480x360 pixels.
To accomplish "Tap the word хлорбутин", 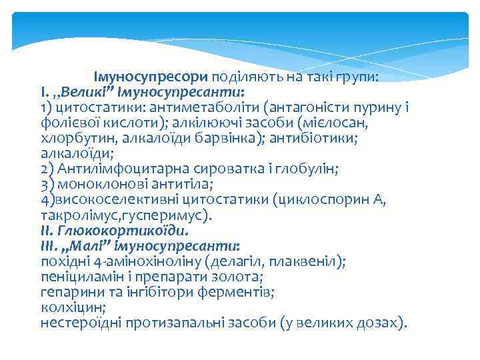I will pyautogui.click(x=77, y=138).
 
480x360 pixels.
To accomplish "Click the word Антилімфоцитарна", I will pyautogui.click(x=117, y=169).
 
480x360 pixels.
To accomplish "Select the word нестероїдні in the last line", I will pyautogui.click(x=82, y=323).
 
